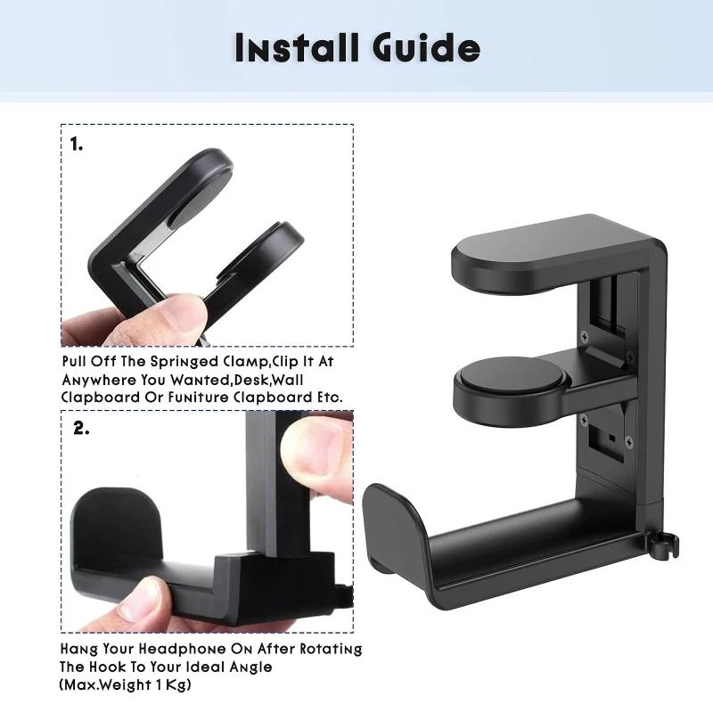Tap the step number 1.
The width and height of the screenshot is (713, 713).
pyautogui.click(x=78, y=143)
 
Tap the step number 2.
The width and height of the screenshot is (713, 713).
pyautogui.click(x=81, y=429)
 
